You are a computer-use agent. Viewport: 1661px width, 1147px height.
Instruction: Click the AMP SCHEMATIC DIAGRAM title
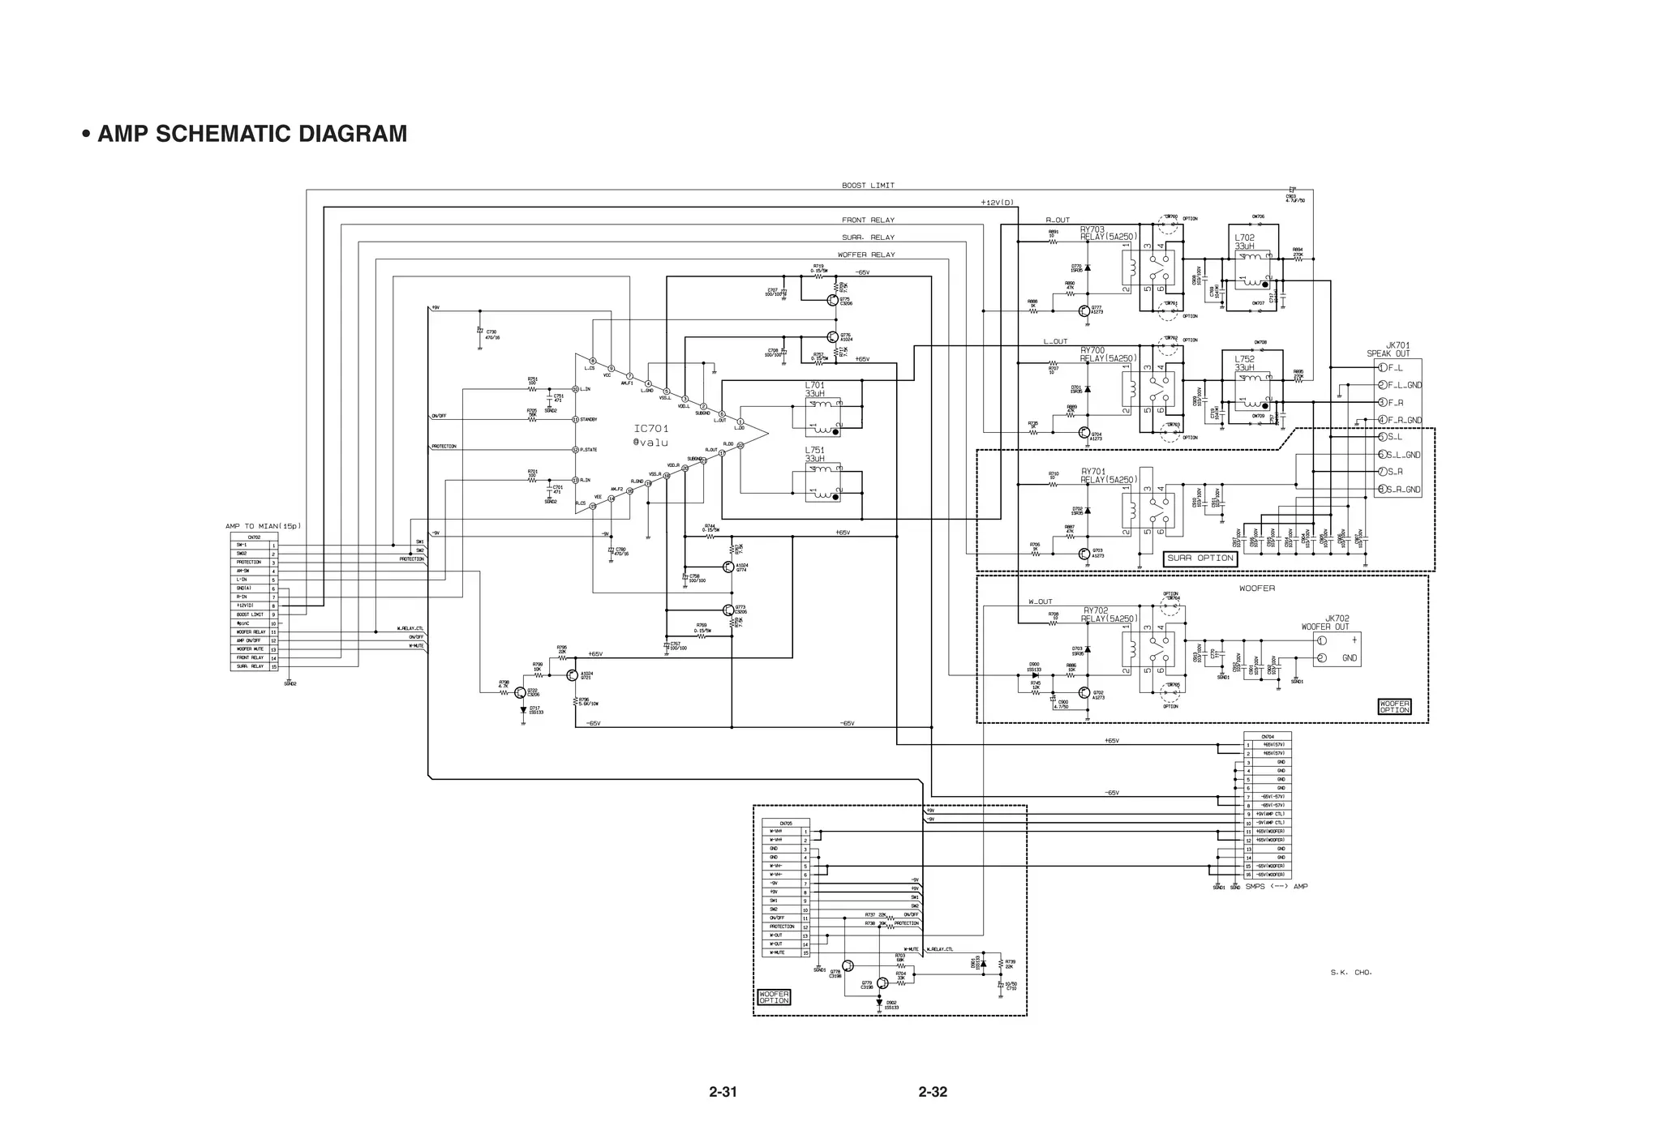click(x=251, y=134)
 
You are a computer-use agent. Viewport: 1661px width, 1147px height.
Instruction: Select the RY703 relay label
click(x=1108, y=233)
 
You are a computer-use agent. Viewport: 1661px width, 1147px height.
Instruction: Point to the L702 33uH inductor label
click(x=1245, y=242)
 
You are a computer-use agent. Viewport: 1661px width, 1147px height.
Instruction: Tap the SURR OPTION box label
click(x=1200, y=559)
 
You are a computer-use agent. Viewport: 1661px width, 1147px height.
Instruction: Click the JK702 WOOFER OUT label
click(x=1325, y=623)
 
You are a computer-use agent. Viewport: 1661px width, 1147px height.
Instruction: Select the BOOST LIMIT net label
click(x=868, y=186)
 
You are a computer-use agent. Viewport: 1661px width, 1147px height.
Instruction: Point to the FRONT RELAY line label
click(x=868, y=220)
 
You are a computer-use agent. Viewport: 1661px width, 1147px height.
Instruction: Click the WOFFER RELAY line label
click(x=866, y=255)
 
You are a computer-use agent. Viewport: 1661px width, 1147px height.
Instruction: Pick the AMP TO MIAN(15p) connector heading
click(x=263, y=527)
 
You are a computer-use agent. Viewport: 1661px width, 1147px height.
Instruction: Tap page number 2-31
click(x=723, y=1092)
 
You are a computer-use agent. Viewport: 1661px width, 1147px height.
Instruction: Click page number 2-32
click(x=933, y=1092)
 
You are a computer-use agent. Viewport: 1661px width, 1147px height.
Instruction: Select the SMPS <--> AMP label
click(x=1277, y=887)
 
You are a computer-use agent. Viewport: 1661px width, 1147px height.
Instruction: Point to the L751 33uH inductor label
click(x=815, y=455)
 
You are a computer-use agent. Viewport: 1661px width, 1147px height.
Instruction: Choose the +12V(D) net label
click(x=997, y=203)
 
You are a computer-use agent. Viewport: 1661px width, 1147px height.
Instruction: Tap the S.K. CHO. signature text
click(x=1351, y=972)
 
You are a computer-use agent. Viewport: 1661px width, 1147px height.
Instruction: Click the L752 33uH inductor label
click(x=1245, y=363)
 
